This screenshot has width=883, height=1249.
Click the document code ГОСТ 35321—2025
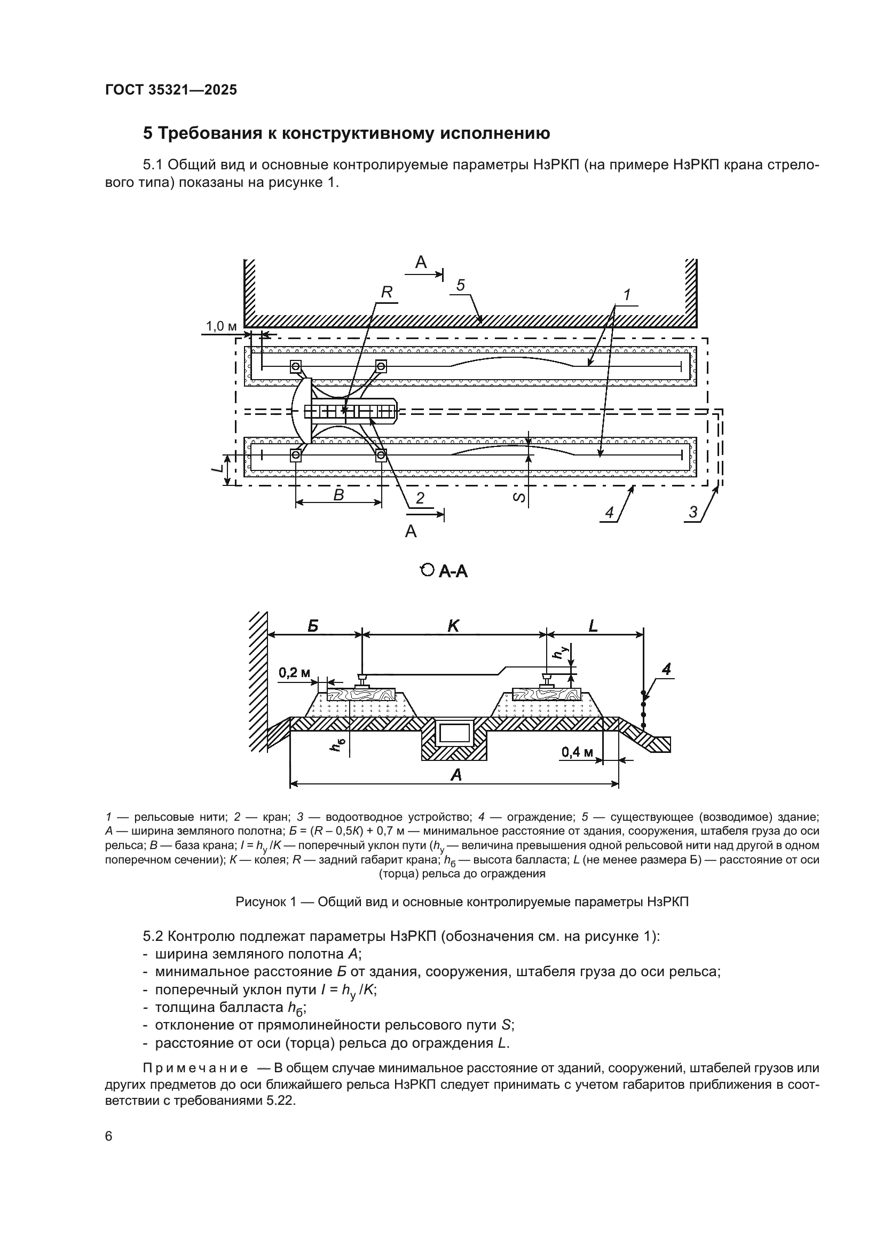171,90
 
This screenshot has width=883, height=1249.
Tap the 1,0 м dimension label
222,326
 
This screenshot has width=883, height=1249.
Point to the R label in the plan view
386,292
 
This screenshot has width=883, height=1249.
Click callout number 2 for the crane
420,498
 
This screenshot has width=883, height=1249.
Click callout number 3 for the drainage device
693,512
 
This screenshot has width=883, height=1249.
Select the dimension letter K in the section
453,626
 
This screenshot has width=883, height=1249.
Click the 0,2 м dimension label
294,673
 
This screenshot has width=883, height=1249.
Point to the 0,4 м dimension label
578,752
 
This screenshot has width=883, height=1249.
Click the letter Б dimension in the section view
313,626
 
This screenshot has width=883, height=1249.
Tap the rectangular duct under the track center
454,734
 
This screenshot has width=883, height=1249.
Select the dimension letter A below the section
456,775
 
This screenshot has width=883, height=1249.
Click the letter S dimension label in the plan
520,497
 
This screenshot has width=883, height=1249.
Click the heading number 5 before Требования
147,133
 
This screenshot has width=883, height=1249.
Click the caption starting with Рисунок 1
462,902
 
